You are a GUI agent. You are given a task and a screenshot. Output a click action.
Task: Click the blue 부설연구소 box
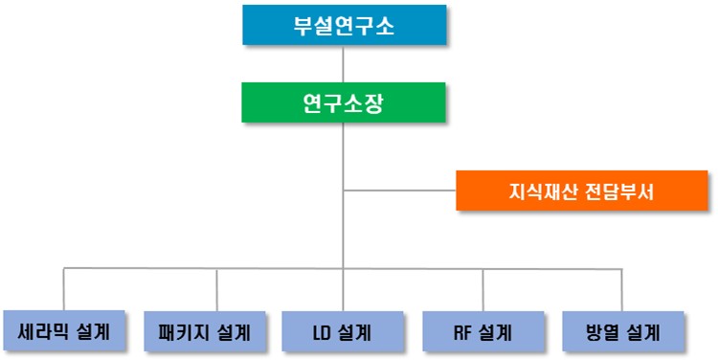click(344, 25)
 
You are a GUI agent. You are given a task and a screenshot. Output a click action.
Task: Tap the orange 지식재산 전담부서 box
click(581, 190)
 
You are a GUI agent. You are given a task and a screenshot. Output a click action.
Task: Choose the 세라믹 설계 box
click(63, 331)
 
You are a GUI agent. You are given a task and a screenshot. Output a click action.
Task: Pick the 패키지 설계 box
click(203, 332)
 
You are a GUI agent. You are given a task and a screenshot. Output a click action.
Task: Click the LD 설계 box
click(342, 332)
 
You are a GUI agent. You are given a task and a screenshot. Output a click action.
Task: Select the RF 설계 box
click(482, 332)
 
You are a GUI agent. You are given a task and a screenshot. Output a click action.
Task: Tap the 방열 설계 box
click(622, 332)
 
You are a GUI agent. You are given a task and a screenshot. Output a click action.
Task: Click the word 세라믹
click(45, 331)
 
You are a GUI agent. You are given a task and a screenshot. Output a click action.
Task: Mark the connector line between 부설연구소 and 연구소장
click(344, 63)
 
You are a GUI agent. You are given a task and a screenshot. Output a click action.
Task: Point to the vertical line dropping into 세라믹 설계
click(64, 289)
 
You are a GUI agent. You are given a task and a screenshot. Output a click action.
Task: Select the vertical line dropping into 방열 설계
click(622, 289)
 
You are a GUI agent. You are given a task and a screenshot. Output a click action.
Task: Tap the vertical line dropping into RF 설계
click(482, 289)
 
